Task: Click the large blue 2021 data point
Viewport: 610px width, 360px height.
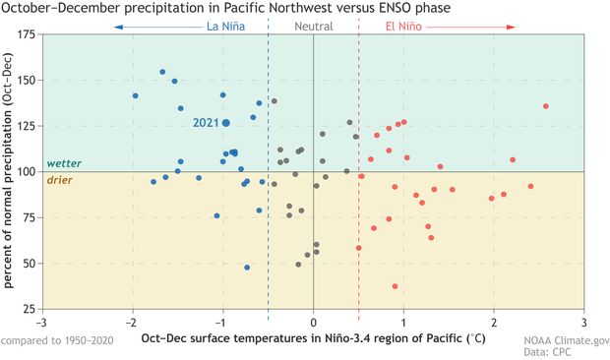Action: pyautogui.click(x=226, y=123)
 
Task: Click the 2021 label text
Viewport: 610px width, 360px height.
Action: pyautogui.click(x=206, y=123)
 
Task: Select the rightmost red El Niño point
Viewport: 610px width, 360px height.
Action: pyautogui.click(x=546, y=106)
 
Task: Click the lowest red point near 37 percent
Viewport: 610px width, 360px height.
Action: pyautogui.click(x=396, y=286)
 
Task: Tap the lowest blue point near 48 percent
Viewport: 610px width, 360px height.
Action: pyautogui.click(x=247, y=268)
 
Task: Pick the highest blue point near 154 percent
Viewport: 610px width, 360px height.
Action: pyautogui.click(x=162, y=72)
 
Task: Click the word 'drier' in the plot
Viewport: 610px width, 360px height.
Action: pyautogui.click(x=61, y=179)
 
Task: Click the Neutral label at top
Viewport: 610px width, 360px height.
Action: pyautogui.click(x=313, y=26)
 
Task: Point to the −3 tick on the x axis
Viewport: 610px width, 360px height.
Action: pyautogui.click(x=40, y=322)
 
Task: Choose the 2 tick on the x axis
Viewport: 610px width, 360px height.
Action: pyautogui.click(x=494, y=322)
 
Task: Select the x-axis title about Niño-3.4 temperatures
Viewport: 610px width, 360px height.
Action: pyautogui.click(x=313, y=339)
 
